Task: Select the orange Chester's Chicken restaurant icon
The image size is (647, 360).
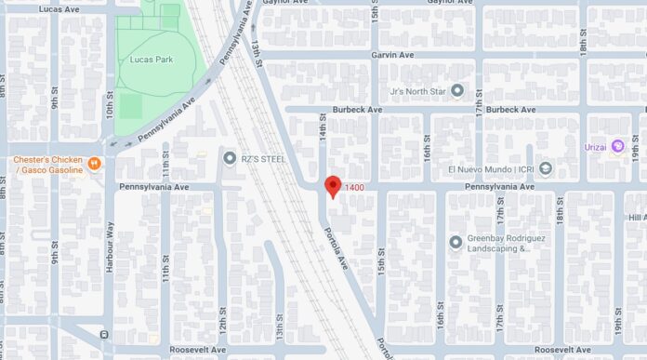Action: click(x=94, y=164)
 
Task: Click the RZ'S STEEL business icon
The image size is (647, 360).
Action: click(x=230, y=158)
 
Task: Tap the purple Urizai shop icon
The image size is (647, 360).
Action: click(x=616, y=148)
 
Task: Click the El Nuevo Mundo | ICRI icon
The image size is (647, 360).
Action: click(x=546, y=168)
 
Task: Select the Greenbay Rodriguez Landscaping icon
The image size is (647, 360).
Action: click(x=456, y=243)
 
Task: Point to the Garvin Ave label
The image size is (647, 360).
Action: click(x=395, y=55)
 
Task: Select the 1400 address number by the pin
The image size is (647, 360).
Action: click(x=354, y=188)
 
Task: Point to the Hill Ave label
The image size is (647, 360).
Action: click(x=636, y=217)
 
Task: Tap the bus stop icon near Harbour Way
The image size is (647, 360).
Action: click(x=104, y=334)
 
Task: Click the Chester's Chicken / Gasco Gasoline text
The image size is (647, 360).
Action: click(x=48, y=165)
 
